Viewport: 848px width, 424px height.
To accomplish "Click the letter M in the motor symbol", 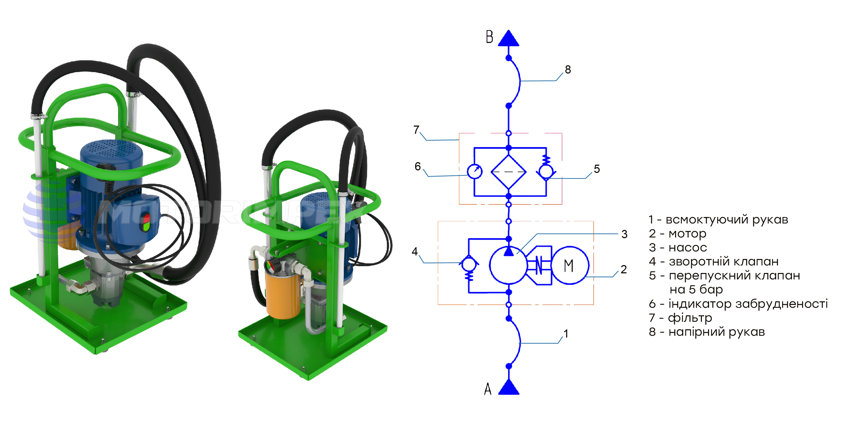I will [568, 266].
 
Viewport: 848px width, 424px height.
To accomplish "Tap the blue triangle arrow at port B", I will [509, 39].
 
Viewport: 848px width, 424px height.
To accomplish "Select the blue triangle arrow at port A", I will [509, 388].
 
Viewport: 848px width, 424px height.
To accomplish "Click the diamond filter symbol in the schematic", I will [509, 172].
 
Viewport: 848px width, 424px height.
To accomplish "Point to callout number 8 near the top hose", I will [568, 70].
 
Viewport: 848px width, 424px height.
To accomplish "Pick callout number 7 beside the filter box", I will [416, 129].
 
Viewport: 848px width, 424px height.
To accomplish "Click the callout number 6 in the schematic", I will [418, 166].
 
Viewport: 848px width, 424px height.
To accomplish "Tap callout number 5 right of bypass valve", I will [597, 169].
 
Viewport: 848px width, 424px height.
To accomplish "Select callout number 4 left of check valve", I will [415, 251].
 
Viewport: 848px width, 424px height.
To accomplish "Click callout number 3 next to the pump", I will [624, 234].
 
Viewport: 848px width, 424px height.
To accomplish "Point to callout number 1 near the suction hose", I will [566, 334].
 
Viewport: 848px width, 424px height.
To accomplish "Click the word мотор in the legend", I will [687, 234].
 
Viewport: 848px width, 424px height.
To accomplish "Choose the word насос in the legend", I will [688, 248].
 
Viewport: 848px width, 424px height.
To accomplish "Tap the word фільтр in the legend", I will [690, 318].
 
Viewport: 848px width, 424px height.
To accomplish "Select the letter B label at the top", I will [489, 37].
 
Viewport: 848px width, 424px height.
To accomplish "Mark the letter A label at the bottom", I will [488, 389].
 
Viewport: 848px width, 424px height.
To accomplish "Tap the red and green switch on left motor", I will [146, 222].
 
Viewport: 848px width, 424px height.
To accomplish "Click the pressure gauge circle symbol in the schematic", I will [475, 171].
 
